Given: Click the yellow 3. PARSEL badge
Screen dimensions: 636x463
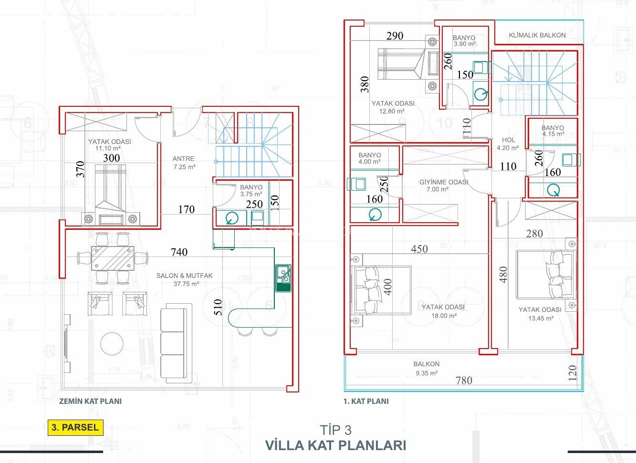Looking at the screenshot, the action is pos(75,427).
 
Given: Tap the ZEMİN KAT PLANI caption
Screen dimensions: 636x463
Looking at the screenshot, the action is pos(90,401).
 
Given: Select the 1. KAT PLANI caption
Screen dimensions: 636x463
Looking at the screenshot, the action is pos(366,401).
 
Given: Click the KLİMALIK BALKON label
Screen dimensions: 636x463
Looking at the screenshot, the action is pos(537,35).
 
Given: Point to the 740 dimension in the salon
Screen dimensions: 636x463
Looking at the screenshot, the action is pos(179,252).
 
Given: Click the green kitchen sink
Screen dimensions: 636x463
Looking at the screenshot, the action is pos(283,278).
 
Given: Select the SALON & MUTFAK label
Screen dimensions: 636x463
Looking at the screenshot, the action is pos(185,276).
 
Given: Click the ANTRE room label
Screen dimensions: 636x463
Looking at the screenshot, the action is pos(183,159).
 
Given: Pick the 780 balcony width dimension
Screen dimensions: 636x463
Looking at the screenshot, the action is pos(464,380).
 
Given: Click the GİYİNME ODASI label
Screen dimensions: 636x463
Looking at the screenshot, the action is pos(444,182).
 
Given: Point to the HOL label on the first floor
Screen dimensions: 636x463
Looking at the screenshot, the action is pos(508,140).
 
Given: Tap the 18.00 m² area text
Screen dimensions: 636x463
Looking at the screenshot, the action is pos(444,316).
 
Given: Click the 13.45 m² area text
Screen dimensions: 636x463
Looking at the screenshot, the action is pos(541,319).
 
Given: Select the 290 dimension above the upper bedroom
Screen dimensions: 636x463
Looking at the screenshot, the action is pos(395,36).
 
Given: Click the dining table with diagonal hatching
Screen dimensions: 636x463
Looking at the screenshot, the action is pos(113,258).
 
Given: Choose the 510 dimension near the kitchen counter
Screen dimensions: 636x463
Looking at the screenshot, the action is pos(218,307).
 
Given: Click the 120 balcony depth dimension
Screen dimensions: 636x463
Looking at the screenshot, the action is pos(573,373).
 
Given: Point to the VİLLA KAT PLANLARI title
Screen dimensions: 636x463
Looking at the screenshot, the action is pos(335,445).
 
